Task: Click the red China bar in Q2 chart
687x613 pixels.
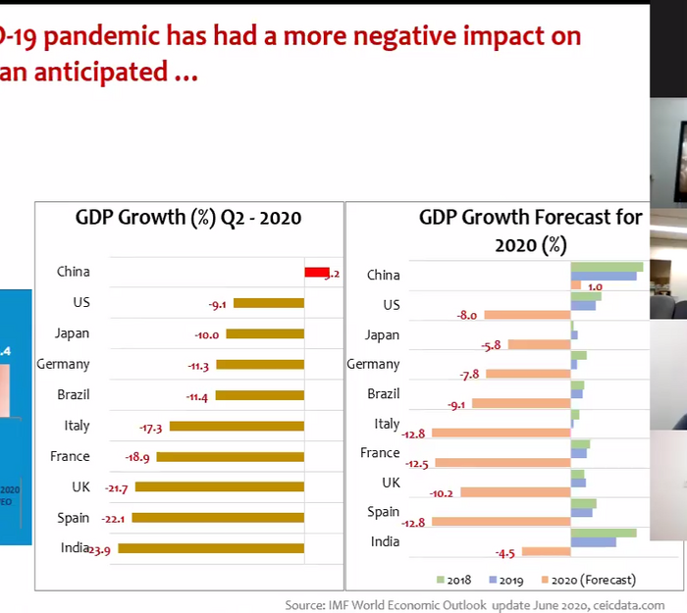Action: coord(316,273)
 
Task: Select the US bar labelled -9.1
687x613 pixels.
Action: coord(269,304)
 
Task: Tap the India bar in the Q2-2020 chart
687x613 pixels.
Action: coord(211,549)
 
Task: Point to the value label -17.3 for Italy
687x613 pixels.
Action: coord(151,427)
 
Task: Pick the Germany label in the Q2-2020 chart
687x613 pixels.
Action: coord(63,365)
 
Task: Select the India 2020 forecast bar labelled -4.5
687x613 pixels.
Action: coord(547,551)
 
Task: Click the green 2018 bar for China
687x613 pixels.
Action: coord(607,266)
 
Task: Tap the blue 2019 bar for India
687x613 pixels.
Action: coord(593,542)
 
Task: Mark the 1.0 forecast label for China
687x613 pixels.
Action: coord(595,286)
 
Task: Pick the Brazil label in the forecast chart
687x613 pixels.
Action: coord(383,394)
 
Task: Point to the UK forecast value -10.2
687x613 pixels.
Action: coord(442,492)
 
